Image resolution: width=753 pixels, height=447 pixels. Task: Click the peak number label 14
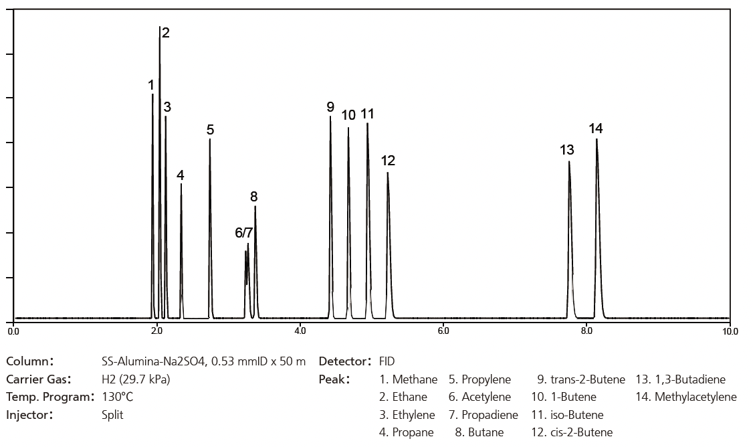tap(596, 128)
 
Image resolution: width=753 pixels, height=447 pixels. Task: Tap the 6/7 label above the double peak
tap(244, 233)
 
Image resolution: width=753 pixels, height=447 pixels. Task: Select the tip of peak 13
tap(569, 162)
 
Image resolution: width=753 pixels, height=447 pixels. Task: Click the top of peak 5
tap(210, 139)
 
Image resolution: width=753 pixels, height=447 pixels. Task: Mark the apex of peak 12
tap(388, 173)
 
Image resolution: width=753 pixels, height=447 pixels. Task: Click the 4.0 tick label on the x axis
tap(300, 331)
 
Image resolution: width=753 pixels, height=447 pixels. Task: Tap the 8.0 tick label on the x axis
tap(586, 331)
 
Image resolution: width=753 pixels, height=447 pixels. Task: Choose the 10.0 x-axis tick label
tap(730, 331)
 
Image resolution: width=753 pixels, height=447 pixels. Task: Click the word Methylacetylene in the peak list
tap(695, 397)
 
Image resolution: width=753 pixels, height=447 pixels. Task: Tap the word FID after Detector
tap(387, 362)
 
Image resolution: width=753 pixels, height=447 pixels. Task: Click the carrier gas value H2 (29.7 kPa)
tap(136, 379)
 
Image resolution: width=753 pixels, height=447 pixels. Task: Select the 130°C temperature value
tap(117, 397)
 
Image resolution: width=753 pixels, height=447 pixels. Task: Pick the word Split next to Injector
tap(112, 415)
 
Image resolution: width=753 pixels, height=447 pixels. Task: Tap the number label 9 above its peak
tap(330, 107)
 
